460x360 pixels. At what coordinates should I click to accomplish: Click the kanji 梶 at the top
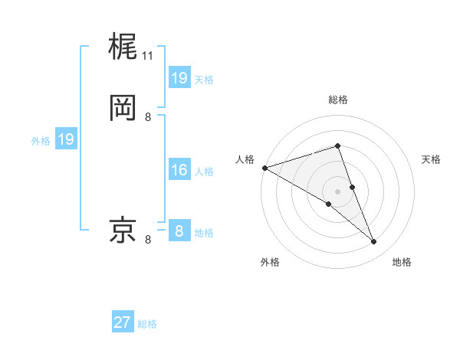123,47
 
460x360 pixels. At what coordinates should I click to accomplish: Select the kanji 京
123,230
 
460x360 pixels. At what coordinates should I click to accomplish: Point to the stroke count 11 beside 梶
148,56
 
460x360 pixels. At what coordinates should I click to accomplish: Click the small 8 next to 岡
148,116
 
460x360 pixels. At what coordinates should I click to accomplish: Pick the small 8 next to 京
148,240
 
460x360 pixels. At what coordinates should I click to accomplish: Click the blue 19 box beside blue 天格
179,78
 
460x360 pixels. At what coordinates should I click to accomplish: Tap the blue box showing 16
179,170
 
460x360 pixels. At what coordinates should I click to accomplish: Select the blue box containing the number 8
179,231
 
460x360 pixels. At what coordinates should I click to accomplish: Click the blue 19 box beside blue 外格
66,139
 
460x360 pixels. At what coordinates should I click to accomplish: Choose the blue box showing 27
123,322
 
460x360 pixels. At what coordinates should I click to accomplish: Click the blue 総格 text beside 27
147,324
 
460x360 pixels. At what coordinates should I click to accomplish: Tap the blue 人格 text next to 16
204,172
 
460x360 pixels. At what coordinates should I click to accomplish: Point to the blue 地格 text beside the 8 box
204,233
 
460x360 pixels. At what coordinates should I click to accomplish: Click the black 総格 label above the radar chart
337,100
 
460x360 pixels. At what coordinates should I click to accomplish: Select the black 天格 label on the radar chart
432,159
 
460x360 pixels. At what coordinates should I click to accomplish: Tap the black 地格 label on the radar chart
402,262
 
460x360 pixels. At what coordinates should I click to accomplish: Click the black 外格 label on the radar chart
270,262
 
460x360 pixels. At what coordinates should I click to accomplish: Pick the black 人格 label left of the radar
245,159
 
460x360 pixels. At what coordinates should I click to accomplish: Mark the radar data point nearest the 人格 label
264,168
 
